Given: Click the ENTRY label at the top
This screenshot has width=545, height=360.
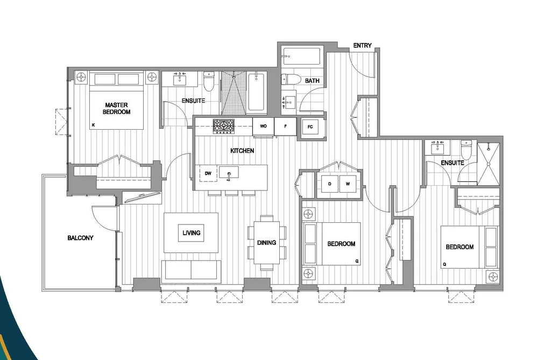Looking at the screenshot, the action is tap(362, 46).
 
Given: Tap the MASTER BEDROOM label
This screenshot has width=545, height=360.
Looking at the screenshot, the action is tap(116, 108).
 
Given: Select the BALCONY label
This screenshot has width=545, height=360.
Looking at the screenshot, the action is tap(80, 238).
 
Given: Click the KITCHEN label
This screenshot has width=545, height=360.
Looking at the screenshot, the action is tap(242, 151).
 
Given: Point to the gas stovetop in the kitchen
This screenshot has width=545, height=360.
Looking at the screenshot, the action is tap(223, 126).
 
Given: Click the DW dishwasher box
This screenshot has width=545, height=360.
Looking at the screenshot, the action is tap(208, 173).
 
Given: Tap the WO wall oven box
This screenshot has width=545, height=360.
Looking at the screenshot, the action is tap(263, 126).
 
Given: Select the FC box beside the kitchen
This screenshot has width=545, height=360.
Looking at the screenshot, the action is tap(310, 127).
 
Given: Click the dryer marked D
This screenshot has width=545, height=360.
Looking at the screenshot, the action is tap(329, 184).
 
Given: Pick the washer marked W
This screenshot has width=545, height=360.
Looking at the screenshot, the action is tap(348, 184).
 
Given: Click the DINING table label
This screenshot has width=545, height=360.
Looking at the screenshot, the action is tap(267, 243).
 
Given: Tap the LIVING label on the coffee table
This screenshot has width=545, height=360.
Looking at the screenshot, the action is tap(191, 233).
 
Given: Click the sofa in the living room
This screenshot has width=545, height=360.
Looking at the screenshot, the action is tap(191, 270).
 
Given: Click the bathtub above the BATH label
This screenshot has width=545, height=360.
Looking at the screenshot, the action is tap(301, 56).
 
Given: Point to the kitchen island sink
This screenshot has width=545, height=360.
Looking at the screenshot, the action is tap(229, 173).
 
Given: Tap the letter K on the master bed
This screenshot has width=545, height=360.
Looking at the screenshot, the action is tap(93, 125).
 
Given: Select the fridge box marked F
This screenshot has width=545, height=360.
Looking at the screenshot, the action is tap(285, 126).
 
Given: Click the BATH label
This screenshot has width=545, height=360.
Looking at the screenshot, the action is tap(312, 81).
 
